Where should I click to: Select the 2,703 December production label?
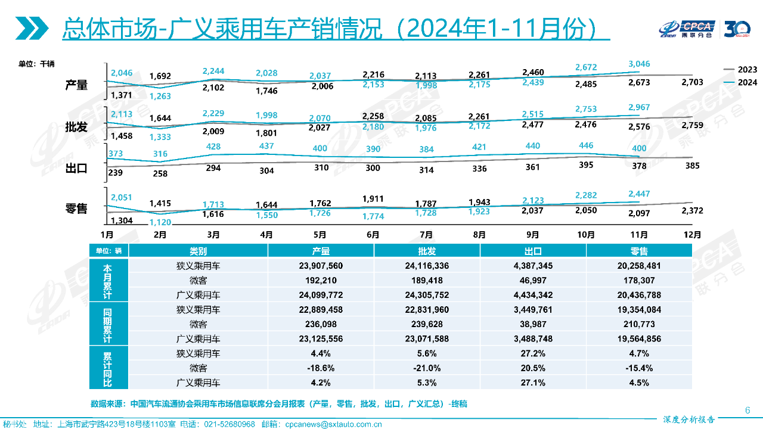pyautogui.click(x=692, y=82)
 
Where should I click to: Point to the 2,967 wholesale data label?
pyautogui.click(x=639, y=107)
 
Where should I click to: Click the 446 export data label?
pyautogui.click(x=586, y=145)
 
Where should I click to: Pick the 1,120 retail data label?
pyautogui.click(x=160, y=222)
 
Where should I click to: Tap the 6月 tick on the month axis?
pyautogui.click(x=373, y=235)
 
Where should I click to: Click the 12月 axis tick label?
pyautogui.click(x=692, y=235)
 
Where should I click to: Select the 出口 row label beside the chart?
pyautogui.click(x=76, y=169)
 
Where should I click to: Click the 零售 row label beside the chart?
pyautogui.click(x=76, y=209)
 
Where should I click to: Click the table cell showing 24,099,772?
pyautogui.click(x=321, y=295)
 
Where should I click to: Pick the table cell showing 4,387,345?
pyautogui.click(x=533, y=266)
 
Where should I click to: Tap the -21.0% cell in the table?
pyautogui.click(x=427, y=368)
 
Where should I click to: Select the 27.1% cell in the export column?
pyautogui.click(x=533, y=383)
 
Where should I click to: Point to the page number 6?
pyautogui.click(x=748, y=410)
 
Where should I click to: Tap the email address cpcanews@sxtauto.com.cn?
pyautogui.click(x=333, y=424)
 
